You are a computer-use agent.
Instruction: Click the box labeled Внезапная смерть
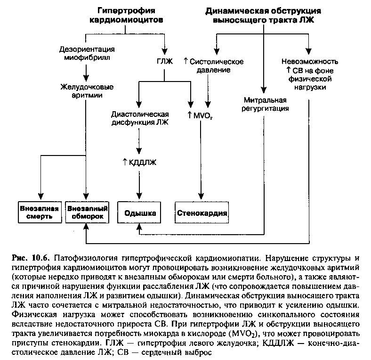click(40, 212)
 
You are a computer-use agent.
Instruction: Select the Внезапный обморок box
click(87, 212)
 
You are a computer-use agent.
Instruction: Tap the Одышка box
click(139, 212)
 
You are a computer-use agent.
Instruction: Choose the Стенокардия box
click(202, 212)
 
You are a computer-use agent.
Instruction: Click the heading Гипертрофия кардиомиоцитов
click(126, 15)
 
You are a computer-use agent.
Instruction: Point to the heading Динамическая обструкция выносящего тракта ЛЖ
click(263, 16)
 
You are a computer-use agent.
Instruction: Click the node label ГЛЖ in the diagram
click(165, 61)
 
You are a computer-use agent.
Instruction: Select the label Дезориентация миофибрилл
click(87, 53)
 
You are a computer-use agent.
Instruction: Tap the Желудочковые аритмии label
click(87, 91)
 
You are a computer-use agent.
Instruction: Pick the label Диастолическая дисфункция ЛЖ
click(140, 118)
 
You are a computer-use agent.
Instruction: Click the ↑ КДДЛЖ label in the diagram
click(139, 162)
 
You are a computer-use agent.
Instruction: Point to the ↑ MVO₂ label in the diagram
click(200, 115)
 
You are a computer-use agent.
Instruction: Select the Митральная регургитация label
click(265, 104)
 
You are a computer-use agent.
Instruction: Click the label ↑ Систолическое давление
click(213, 65)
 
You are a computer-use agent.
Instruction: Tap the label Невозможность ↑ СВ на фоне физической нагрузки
click(310, 74)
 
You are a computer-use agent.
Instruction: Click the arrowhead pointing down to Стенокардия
click(201, 196)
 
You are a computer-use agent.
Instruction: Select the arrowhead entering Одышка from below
click(139, 227)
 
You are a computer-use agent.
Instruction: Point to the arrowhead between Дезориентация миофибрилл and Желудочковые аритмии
click(86, 78)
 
